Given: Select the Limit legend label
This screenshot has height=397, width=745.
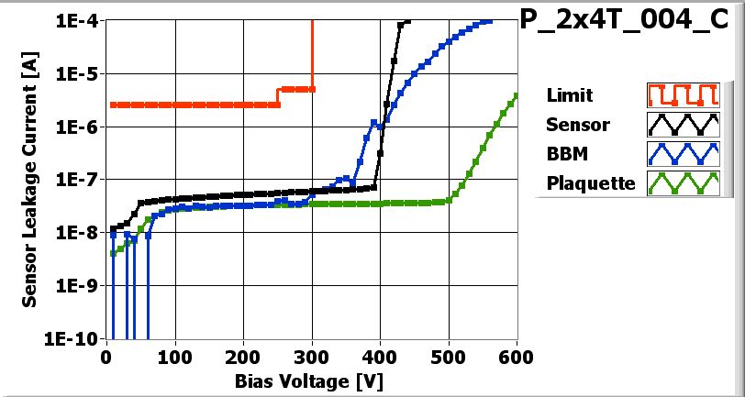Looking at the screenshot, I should coord(569,95).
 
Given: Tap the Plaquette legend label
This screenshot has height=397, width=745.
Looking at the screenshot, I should coord(591,183).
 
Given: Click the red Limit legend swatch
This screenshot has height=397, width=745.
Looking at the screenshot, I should coord(680,95).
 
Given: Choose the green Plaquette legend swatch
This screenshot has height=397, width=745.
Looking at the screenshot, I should coord(680,183).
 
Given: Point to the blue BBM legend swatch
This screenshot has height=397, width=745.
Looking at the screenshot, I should coord(680,154).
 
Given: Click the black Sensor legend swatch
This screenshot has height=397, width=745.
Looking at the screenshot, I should coord(680,125).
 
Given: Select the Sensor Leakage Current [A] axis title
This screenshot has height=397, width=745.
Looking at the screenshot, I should coord(29,180).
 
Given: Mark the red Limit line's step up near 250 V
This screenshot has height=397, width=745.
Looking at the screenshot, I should coord(278,96).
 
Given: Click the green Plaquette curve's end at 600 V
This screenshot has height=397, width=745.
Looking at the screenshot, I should coord(517,95).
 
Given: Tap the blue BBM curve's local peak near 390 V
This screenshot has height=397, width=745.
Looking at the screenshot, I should coord(372,121).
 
